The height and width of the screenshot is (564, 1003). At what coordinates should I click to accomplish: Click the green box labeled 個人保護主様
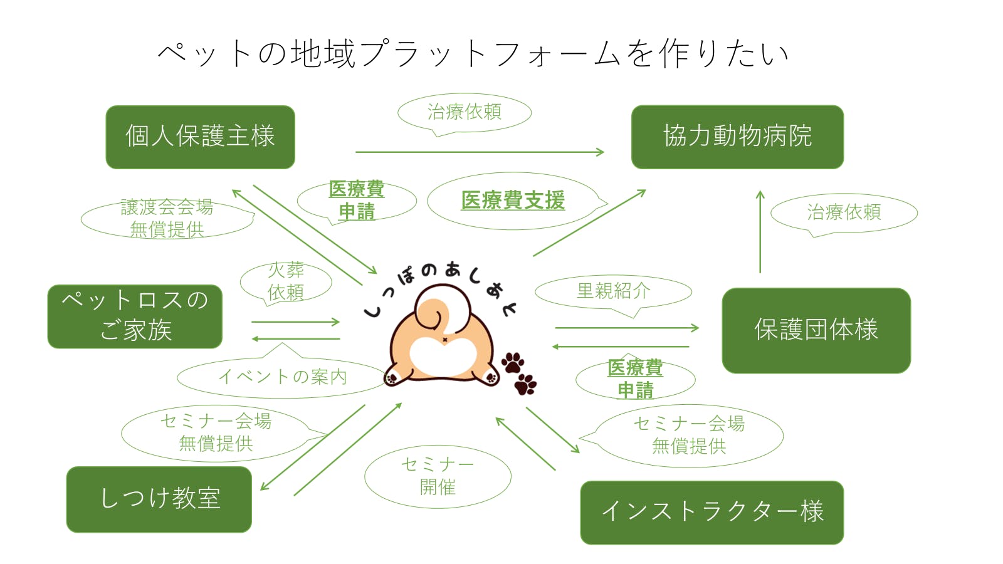pos(200,137)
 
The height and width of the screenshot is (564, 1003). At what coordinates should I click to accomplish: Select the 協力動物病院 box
pos(737,137)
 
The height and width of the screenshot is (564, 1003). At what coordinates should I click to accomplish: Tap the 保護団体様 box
pos(816,330)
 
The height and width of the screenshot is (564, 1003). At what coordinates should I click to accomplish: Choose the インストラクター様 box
pos(712,512)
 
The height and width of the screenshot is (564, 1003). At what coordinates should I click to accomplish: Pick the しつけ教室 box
pos(159,499)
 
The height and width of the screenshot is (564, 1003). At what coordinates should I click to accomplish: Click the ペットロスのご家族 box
pos(135,316)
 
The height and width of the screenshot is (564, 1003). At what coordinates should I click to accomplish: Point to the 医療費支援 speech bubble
pos(513,201)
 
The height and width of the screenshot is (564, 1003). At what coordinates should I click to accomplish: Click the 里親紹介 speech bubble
pos(613,291)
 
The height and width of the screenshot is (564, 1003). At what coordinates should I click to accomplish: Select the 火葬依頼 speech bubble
pos(286,282)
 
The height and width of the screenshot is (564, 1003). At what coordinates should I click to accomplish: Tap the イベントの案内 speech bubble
pos(282,377)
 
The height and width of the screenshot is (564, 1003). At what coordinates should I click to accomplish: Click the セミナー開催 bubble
pos(438,476)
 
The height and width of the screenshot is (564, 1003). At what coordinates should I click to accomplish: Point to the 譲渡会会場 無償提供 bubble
pos(167,218)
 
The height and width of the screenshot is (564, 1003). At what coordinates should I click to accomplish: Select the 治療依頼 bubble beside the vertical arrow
pos(844,212)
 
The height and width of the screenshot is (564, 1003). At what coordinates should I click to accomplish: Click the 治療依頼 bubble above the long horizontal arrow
pos(465,112)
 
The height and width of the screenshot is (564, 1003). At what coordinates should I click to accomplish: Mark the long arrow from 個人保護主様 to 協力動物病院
pos(480,152)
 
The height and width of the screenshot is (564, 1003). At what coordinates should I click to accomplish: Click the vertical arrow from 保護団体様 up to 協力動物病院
pos(760,232)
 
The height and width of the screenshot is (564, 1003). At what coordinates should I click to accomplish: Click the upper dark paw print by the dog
pos(513,362)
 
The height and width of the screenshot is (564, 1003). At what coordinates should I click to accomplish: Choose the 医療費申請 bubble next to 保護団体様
pos(635,379)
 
